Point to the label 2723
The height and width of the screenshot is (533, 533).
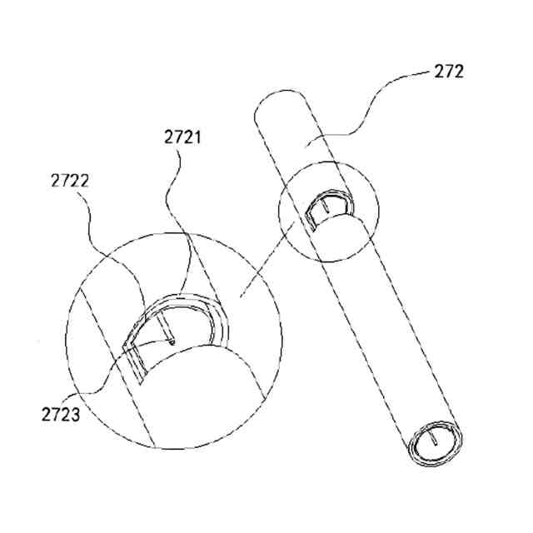(x=60, y=412)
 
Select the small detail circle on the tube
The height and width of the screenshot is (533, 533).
(x=328, y=217)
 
